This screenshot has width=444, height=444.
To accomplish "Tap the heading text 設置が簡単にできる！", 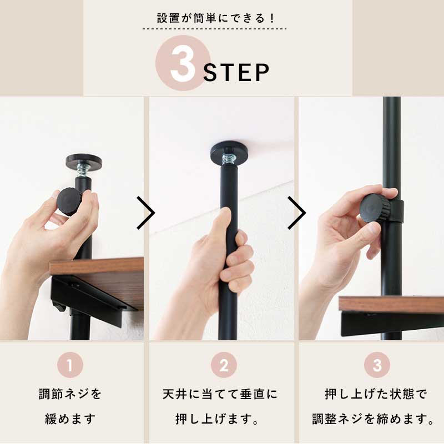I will point(216,18).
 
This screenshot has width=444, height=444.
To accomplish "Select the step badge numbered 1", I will point(70,366).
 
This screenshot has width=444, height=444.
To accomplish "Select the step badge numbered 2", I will point(224,366).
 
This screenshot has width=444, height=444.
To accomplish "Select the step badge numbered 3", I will point(377,366).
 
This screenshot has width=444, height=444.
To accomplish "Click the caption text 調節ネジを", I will point(70,395).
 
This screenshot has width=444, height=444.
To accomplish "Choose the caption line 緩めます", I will point(70,418).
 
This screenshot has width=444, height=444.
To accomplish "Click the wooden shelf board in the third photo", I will point(391,304).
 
